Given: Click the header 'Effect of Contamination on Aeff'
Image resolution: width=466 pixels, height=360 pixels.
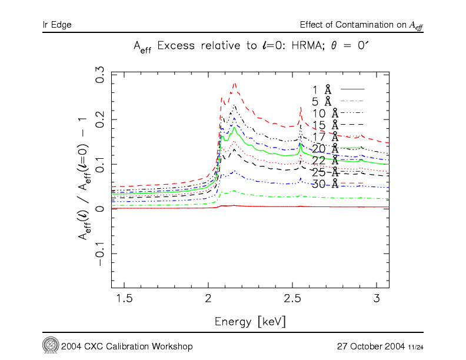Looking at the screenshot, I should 361,25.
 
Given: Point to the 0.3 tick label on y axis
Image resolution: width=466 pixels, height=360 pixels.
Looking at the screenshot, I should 101,76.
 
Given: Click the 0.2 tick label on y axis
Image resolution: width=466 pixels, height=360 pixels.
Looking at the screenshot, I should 101,120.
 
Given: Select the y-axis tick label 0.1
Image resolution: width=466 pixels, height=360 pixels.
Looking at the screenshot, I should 101,164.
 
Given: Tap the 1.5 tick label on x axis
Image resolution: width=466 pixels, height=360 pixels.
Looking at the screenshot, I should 124,299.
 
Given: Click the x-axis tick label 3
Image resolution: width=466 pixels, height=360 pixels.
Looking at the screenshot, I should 377,299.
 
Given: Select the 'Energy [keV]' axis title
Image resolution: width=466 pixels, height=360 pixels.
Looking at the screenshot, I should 250,322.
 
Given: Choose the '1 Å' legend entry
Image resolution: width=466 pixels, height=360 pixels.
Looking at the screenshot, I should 322,89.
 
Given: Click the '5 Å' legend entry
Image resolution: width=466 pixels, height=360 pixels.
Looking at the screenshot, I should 322,101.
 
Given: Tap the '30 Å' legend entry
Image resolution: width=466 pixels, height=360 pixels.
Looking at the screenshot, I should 325,184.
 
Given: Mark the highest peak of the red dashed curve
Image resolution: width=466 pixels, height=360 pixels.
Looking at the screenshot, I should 235,84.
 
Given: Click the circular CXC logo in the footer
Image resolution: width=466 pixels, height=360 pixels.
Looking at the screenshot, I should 50,344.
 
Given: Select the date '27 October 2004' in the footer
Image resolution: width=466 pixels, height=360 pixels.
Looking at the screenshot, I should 371,345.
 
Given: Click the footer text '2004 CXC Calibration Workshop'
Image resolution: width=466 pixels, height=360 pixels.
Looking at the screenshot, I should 126,345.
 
